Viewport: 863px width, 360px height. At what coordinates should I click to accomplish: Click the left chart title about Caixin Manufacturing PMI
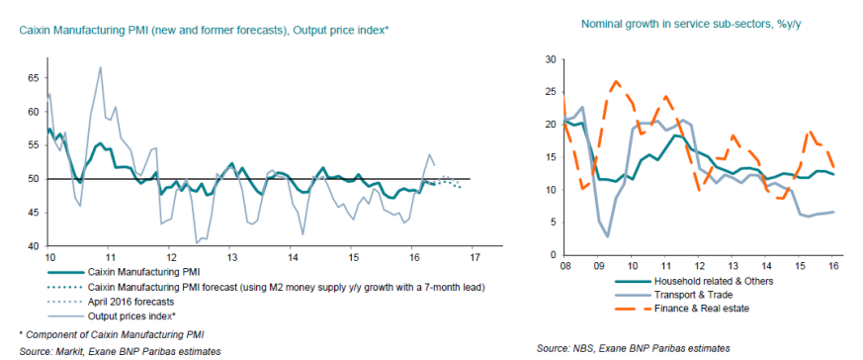[x=205, y=31]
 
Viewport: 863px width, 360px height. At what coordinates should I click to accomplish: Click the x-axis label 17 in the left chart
[x=473, y=257]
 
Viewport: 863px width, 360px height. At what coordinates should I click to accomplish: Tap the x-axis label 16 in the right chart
[x=833, y=266]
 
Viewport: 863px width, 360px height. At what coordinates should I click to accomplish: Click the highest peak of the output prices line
[x=100, y=67]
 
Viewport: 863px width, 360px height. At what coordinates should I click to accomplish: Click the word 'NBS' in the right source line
[x=578, y=349]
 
